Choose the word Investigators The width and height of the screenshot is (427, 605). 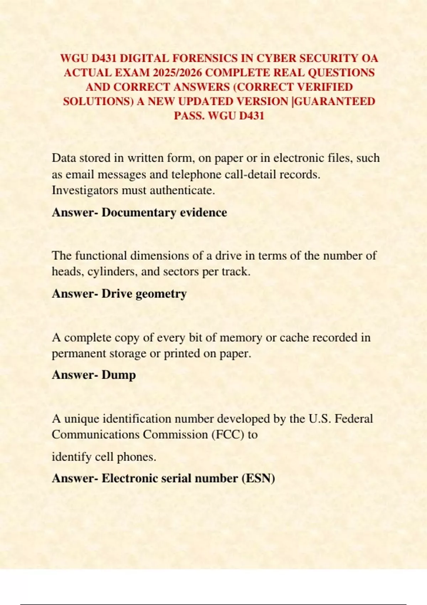pyautogui.click(x=85, y=190)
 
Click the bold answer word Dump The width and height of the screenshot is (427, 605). pyautogui.click(x=118, y=375)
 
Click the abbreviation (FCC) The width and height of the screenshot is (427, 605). pyautogui.click(x=228, y=435)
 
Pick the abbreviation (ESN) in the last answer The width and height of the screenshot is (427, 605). pyautogui.click(x=258, y=478)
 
